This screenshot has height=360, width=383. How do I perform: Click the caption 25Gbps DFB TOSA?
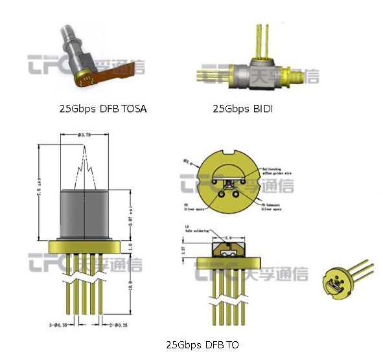pos(102,109)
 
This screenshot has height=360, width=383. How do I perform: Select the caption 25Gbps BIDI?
pos(242,109)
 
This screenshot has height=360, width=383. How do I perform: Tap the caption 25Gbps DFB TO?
pos(202,344)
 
